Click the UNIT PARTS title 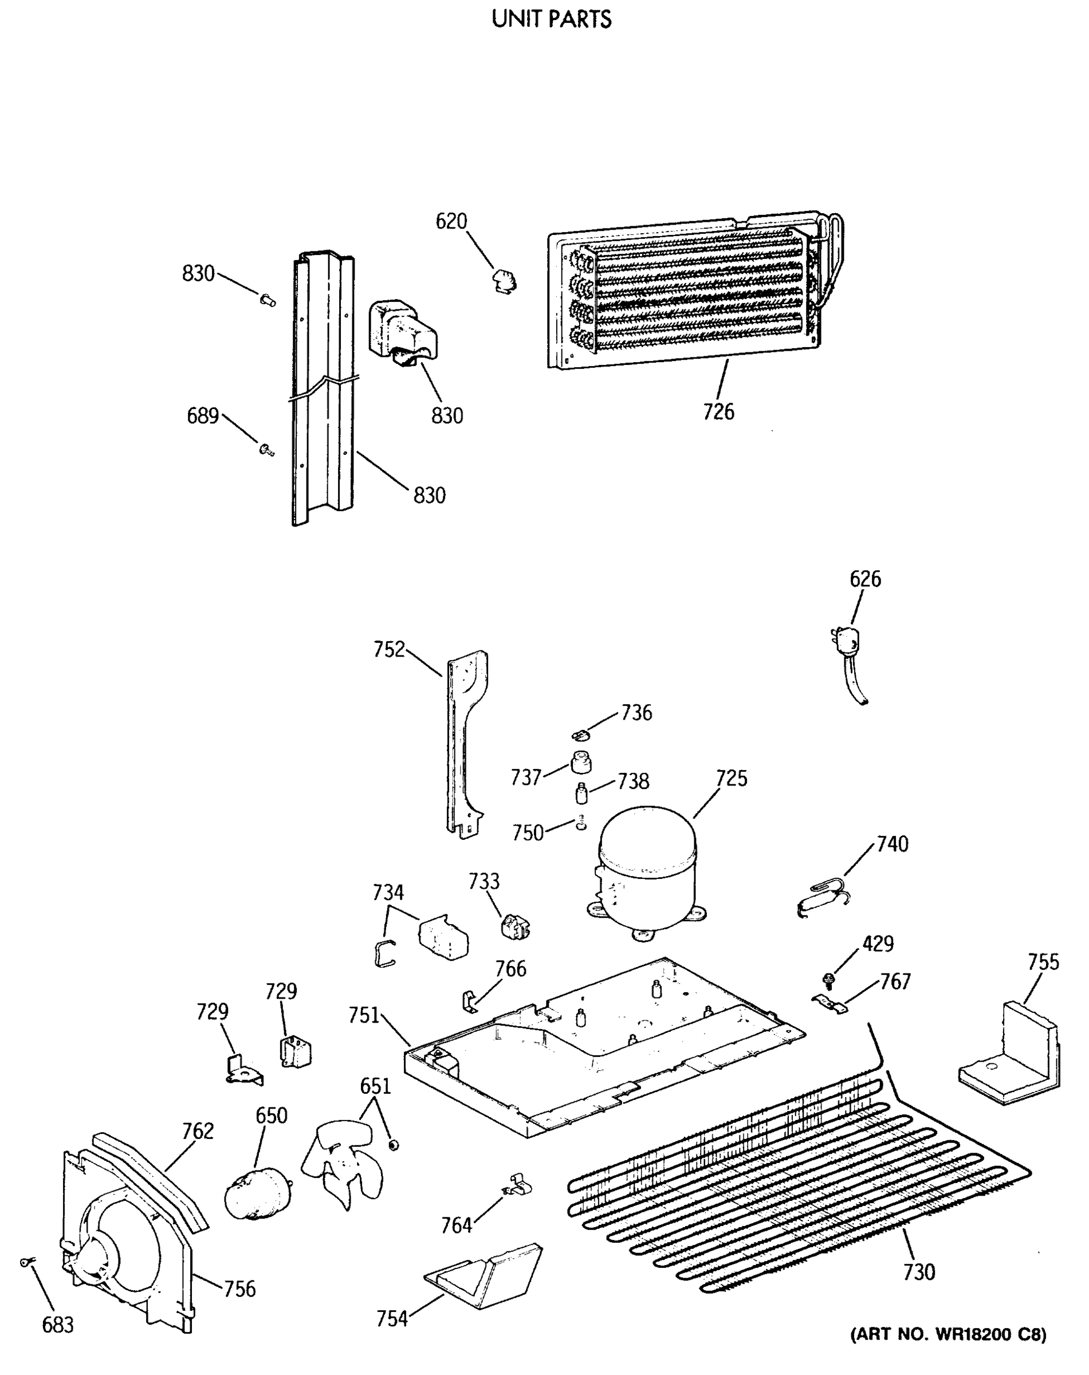[552, 19]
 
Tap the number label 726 [718, 412]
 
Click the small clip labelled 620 [504, 281]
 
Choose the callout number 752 [389, 649]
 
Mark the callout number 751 [364, 1015]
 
